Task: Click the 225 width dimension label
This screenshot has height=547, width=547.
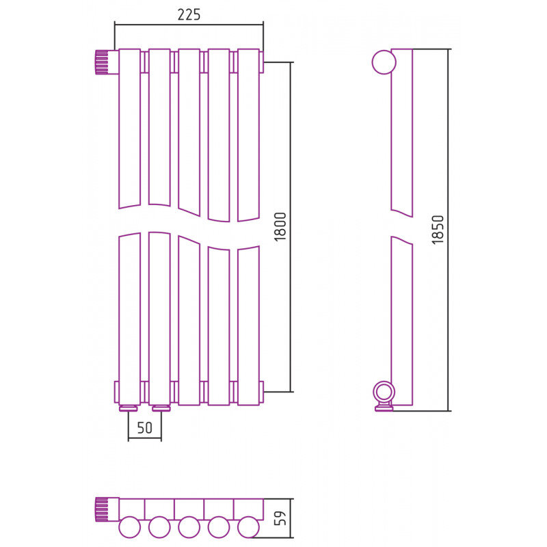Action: tap(189, 14)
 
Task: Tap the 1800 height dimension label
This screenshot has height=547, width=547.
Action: tap(280, 227)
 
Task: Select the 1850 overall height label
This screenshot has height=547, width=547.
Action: tap(438, 230)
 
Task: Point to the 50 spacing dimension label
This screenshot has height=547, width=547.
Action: tap(145, 428)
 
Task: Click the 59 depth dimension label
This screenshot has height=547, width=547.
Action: tap(280, 518)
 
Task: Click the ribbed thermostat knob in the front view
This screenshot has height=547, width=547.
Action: tap(101, 62)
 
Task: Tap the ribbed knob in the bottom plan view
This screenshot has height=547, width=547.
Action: tap(101, 509)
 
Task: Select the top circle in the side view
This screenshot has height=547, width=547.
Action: tap(384, 62)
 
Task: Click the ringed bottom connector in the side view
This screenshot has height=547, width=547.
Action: tap(384, 396)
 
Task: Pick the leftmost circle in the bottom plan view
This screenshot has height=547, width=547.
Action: tap(129, 526)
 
